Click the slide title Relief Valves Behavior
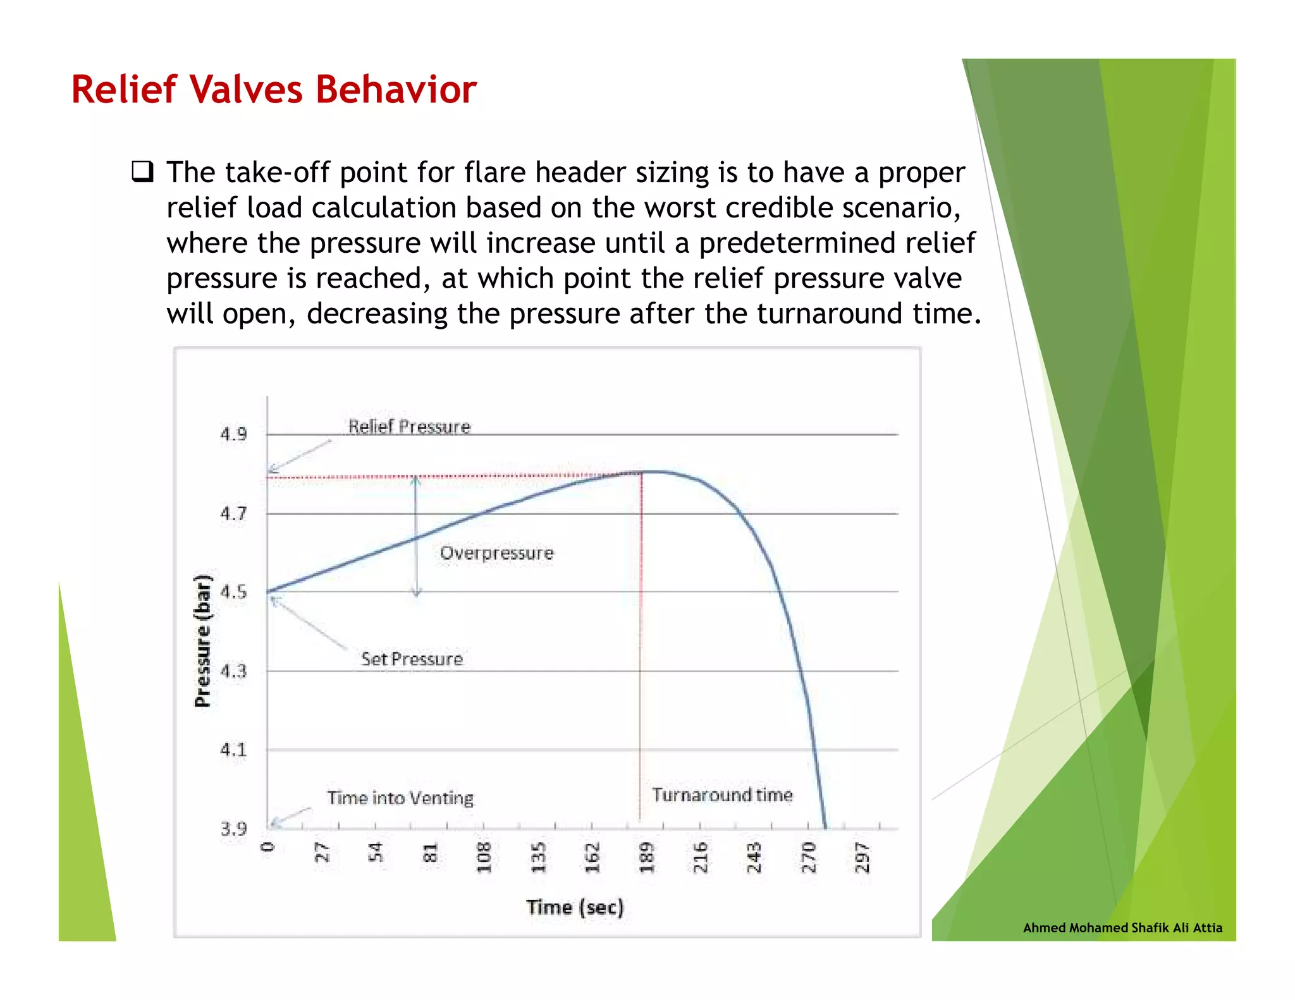(x=273, y=89)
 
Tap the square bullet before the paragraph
(x=142, y=172)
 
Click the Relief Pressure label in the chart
(x=409, y=427)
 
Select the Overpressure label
(x=496, y=553)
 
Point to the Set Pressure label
(x=412, y=659)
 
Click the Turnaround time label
(x=722, y=795)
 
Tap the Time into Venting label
(x=400, y=798)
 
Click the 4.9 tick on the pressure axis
(x=233, y=434)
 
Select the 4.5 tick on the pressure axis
(x=233, y=592)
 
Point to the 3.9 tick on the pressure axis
(x=233, y=829)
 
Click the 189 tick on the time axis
(x=646, y=857)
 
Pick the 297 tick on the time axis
(x=862, y=857)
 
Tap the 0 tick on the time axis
(x=268, y=847)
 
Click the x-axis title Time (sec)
(x=575, y=907)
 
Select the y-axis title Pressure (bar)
(x=202, y=641)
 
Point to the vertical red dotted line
(x=641, y=632)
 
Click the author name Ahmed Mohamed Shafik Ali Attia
(x=1122, y=927)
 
